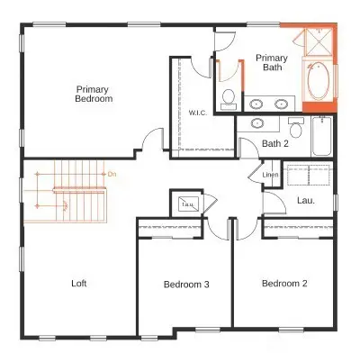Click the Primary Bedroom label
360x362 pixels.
click(94, 94)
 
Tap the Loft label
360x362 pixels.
click(79, 283)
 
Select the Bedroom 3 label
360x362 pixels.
click(186, 285)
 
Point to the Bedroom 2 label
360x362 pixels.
click(284, 284)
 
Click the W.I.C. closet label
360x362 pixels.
click(198, 113)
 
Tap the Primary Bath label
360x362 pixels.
click(272, 61)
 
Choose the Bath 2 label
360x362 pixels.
click(274, 143)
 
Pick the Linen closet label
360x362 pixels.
click(270, 175)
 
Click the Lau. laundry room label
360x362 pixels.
click(305, 201)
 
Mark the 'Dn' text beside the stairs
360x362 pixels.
click(112, 173)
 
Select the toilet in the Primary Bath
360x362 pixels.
click(229, 96)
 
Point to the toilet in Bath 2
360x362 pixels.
click(295, 127)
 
